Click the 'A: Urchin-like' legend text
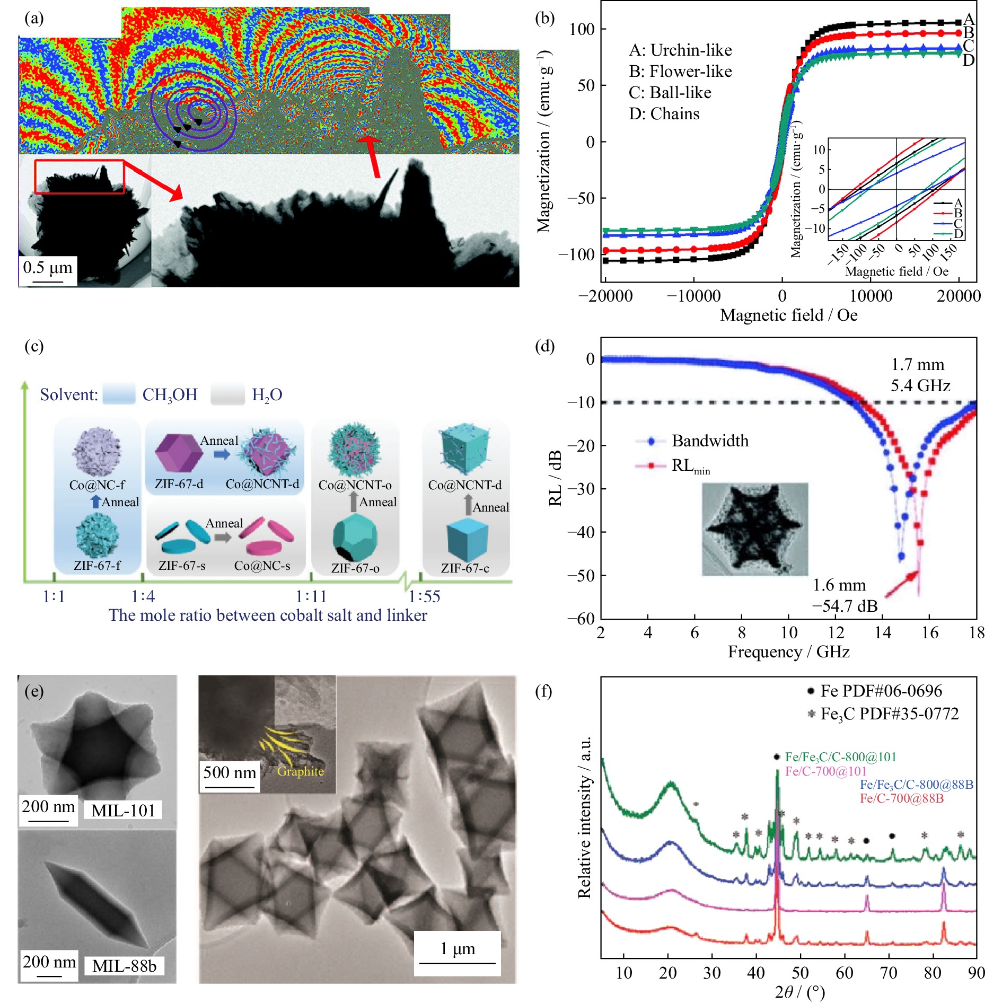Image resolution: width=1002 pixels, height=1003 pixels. (x=680, y=50)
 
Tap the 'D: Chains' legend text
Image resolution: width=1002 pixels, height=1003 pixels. (x=664, y=114)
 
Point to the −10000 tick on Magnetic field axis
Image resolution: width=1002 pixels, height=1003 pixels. (x=693, y=296)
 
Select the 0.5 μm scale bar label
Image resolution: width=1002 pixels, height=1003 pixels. (x=48, y=267)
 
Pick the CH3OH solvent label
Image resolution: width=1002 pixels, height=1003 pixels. (x=170, y=395)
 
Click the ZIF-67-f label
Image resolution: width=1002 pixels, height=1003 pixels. (x=97, y=566)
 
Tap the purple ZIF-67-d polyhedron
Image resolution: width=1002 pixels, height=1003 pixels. (x=179, y=453)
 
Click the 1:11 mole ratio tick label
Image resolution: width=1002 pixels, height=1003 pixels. (x=311, y=597)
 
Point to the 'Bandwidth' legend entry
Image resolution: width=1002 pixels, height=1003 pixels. (x=710, y=441)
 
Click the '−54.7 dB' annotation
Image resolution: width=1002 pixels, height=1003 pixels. (x=845, y=606)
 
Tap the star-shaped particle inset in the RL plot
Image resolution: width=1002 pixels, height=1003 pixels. (x=754, y=529)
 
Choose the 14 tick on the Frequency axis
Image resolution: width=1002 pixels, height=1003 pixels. (x=883, y=632)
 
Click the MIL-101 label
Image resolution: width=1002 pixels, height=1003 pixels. (x=123, y=811)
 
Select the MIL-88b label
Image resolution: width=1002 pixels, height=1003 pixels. (x=124, y=966)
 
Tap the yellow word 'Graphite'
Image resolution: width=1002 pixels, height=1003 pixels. (x=300, y=771)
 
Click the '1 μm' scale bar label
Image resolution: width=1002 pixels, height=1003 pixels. (x=458, y=948)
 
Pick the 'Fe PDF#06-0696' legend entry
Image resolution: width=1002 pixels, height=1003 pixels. (x=881, y=691)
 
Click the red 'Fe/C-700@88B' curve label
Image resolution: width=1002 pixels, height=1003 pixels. (x=901, y=798)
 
